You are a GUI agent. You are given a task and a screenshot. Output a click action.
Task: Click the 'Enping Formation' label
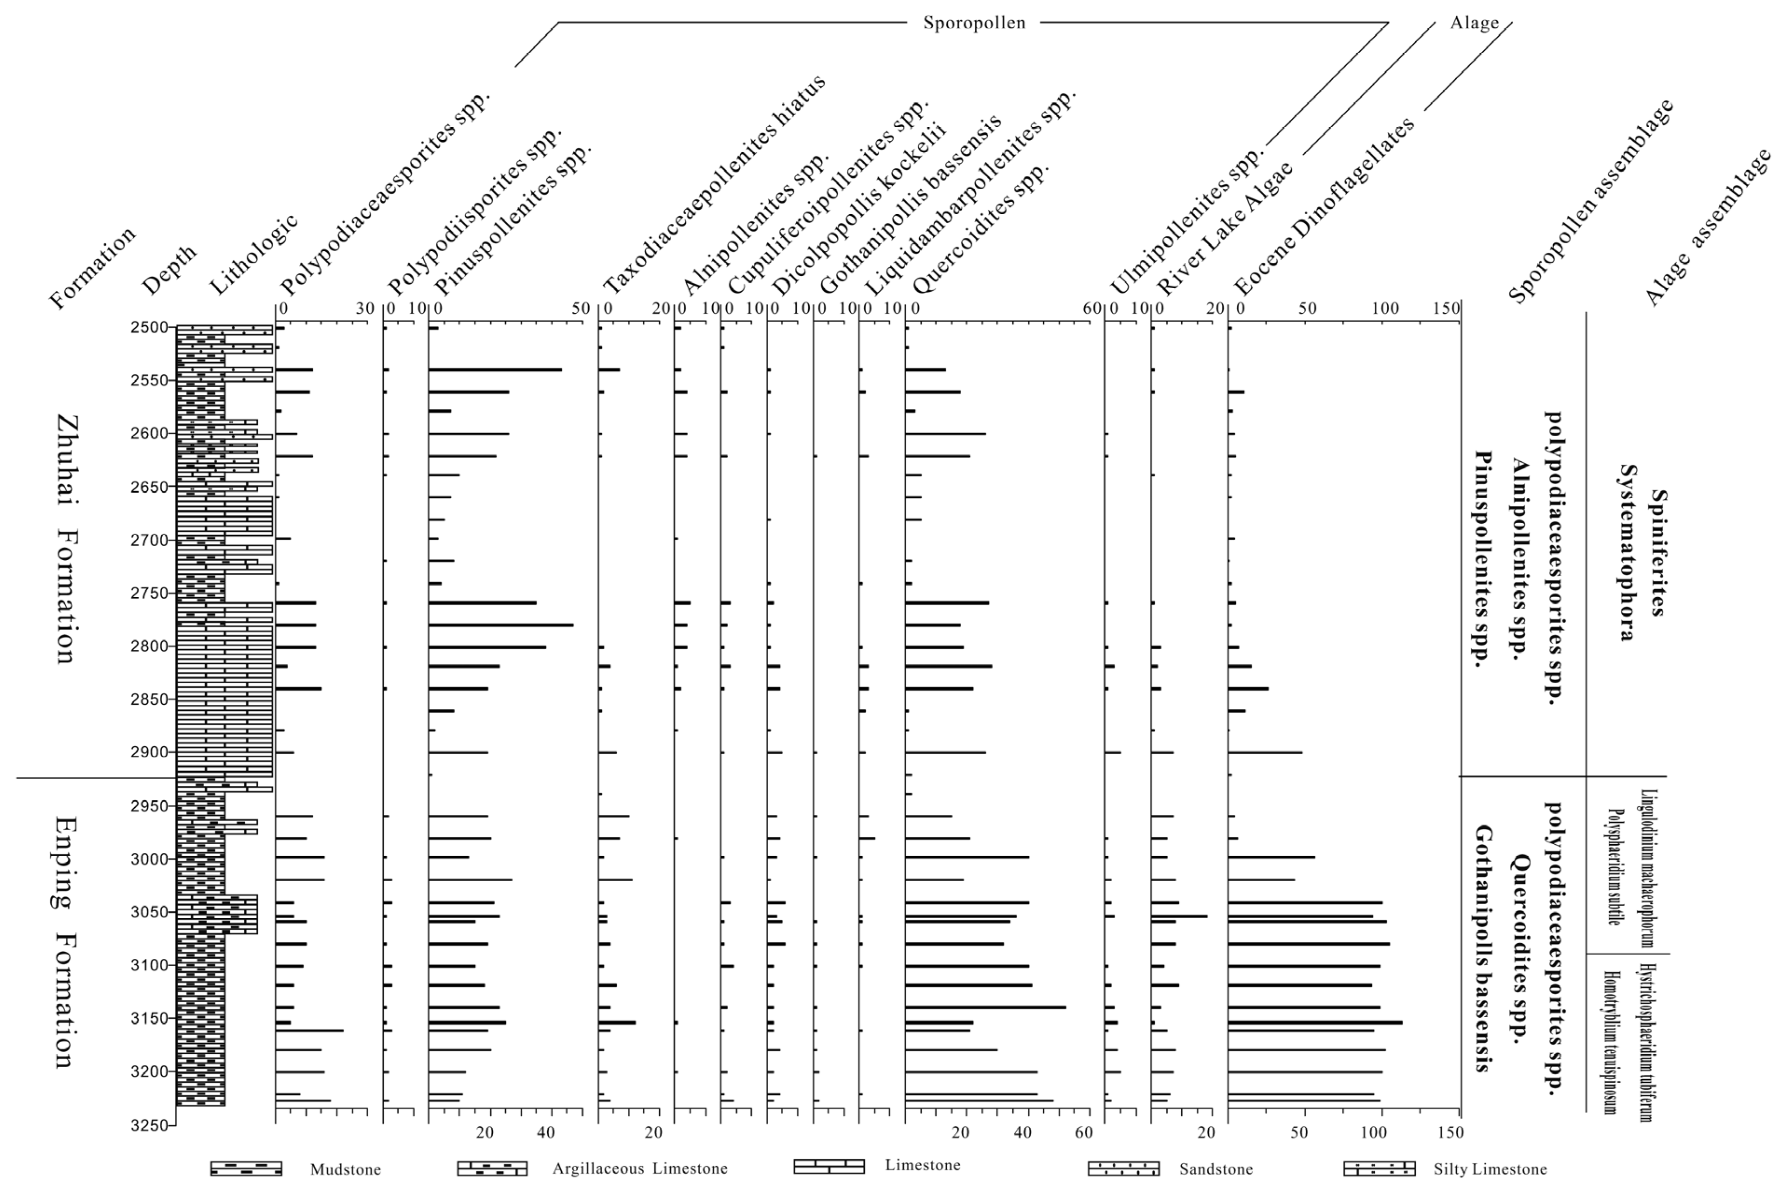coord(66,942)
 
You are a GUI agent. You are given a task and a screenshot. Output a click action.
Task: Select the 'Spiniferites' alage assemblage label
coord(1657,552)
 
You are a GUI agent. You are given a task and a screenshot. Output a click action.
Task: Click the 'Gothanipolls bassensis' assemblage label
coord(1483,948)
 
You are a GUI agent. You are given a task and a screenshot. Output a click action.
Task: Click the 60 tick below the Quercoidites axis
coord(1083,1133)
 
